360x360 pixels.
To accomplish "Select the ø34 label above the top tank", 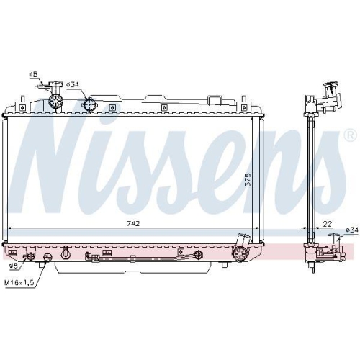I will point(73,84).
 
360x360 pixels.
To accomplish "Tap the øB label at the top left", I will point(33,74).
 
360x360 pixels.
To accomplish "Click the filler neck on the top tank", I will point(53,104).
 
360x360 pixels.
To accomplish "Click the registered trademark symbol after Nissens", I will point(349,135).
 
